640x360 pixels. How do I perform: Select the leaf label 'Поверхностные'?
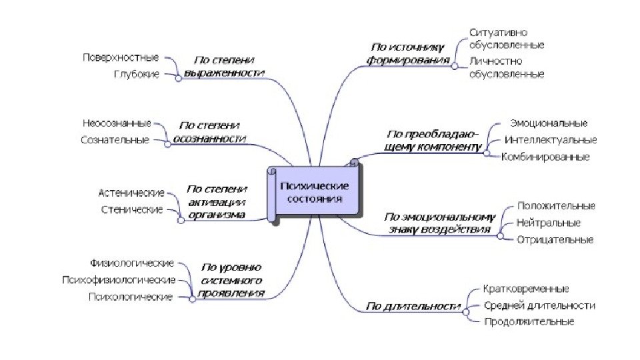[x=121, y=57]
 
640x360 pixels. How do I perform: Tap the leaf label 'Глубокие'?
[x=137, y=75]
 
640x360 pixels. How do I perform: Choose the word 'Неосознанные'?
[x=117, y=123]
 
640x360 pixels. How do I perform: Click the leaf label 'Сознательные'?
[x=115, y=141]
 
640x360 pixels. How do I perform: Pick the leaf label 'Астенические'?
[x=131, y=193]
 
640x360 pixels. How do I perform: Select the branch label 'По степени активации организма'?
[x=216, y=201]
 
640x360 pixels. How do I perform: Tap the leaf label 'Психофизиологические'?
[x=118, y=280]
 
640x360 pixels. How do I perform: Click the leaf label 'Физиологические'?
[x=132, y=263]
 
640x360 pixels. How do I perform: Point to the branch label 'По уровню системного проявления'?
[x=231, y=280]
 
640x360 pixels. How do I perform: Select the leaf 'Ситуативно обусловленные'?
[x=506, y=39]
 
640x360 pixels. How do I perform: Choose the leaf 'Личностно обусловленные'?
[x=506, y=67]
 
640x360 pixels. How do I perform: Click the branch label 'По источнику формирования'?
[x=410, y=53]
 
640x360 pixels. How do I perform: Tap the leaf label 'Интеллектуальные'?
[x=551, y=140]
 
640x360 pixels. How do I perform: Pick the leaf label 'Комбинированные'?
[x=545, y=157]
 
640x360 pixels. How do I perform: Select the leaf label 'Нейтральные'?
[x=548, y=223]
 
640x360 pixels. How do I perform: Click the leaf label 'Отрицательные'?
[x=555, y=240]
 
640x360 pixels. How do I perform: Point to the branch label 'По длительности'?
[x=414, y=307]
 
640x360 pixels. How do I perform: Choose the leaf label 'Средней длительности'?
[x=539, y=305]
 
